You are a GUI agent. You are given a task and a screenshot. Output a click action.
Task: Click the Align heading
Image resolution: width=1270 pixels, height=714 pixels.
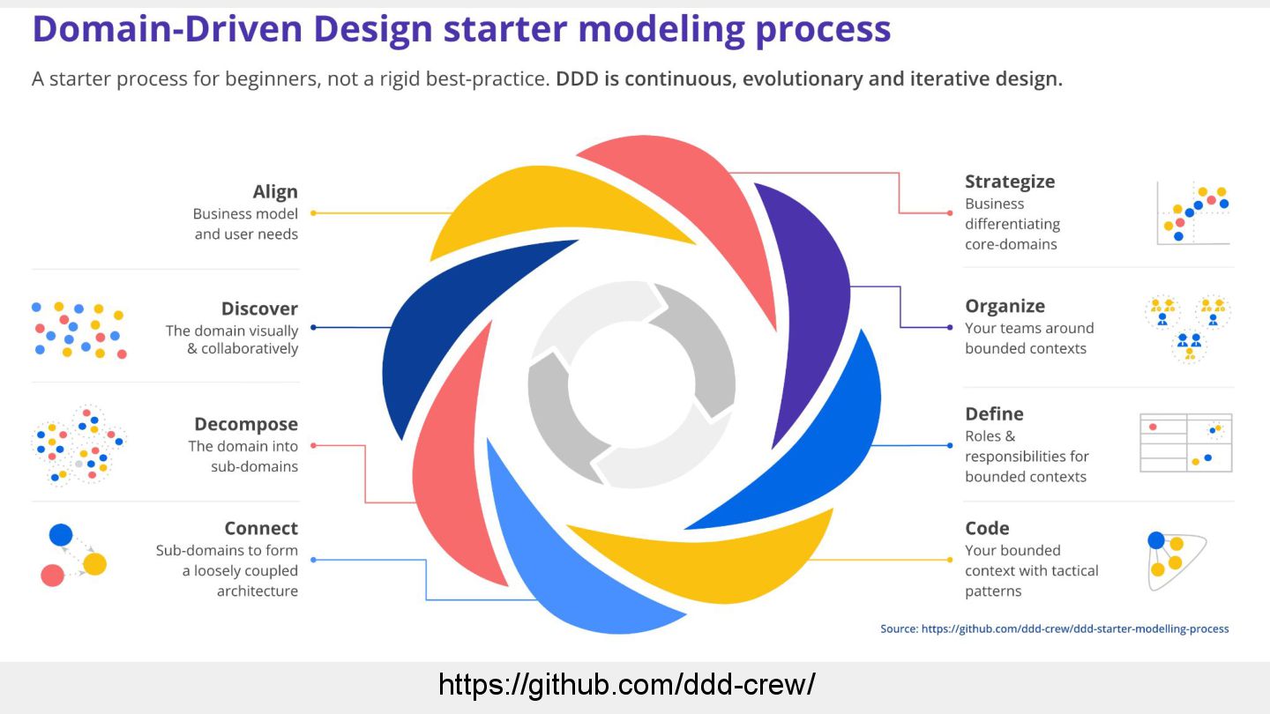pos(275,192)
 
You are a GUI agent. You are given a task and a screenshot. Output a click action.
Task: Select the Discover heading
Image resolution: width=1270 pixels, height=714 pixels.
pos(259,309)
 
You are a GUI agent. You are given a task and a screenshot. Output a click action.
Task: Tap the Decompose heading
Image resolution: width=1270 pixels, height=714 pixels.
pos(246,424)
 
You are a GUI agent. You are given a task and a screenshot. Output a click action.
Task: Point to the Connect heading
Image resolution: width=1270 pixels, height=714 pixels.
pos(261,528)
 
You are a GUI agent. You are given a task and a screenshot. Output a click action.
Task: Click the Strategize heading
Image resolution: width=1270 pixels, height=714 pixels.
pos(1010,182)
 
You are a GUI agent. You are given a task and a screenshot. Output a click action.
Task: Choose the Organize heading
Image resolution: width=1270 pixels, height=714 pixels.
pos(1005,306)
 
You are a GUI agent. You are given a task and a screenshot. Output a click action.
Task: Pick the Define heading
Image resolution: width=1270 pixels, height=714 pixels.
pos(994,413)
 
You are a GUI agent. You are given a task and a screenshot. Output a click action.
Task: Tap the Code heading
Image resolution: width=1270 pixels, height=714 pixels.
pos(987,528)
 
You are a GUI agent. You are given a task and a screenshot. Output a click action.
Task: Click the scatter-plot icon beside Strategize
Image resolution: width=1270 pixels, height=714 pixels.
pos(1193,214)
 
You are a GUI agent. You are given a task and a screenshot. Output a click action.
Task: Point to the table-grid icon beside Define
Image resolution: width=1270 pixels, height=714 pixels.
pos(1185,443)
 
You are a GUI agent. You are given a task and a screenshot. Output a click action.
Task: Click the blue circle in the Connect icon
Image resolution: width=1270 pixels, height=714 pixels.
pos(61,534)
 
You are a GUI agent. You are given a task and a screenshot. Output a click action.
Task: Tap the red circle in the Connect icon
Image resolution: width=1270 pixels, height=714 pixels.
pos(52,576)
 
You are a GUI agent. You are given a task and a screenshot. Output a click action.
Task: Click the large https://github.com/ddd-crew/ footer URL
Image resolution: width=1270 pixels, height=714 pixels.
pos(626,684)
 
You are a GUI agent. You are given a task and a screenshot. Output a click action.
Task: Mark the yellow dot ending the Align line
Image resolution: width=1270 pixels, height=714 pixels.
pos(313,213)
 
